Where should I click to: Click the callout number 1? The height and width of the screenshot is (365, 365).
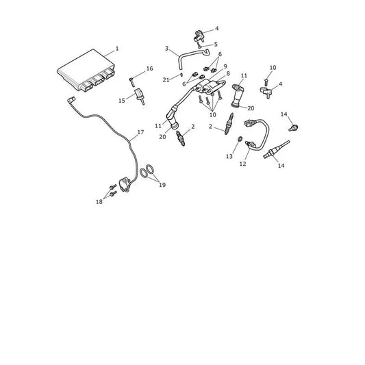pos(117,49)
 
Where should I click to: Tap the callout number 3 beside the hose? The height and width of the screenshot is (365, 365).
pos(166,49)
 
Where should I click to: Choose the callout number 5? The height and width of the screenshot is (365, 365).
pos(216,45)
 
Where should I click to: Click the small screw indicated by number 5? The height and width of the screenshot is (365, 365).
pos(199,45)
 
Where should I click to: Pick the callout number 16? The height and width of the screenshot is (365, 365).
pos(150,68)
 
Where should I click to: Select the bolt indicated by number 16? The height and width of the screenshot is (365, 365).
pos(131,82)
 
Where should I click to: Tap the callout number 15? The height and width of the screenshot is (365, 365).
pos(122,101)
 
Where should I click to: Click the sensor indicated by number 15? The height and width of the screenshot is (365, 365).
pos(140,96)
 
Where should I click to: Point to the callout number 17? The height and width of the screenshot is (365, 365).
pos(140,132)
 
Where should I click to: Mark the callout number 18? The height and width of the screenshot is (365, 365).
pos(99,202)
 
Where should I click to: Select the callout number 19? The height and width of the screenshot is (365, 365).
pos(162,185)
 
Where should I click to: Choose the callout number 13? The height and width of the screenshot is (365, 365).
pos(229,156)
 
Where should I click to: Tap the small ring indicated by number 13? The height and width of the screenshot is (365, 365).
pos(240,139)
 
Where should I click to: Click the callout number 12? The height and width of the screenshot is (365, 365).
pos(242,164)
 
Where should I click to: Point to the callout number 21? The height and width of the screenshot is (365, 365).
pos(166,80)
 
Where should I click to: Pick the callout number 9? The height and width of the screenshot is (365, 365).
pos(225,66)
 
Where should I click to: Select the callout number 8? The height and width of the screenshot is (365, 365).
pos(228,73)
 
